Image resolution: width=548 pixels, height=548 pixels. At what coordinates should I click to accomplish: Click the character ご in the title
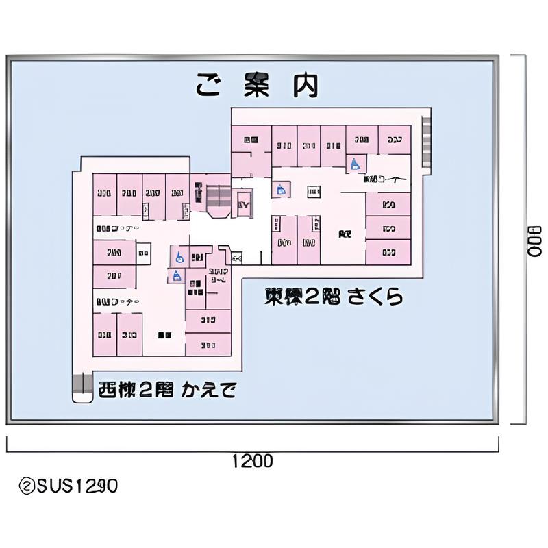pos(208,85)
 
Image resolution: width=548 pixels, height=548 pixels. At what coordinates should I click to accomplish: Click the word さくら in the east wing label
pos(374,297)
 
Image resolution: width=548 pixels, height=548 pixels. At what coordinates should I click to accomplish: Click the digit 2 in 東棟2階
pos(312,297)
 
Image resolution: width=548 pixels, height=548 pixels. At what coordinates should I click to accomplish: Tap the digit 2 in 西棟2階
pos(146,390)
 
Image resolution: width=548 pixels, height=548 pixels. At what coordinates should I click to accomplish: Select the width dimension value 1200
pos(252,461)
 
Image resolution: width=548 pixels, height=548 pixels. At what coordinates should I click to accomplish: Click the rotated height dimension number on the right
pos(534,240)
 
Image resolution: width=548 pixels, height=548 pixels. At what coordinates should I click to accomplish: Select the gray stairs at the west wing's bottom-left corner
pos(82,387)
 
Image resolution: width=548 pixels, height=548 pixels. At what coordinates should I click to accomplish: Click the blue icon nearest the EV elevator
pos(279,189)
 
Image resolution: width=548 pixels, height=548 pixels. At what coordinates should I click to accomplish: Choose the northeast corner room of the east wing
pos(395,140)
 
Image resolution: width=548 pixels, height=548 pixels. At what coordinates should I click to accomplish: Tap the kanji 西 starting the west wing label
pos(107,390)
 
